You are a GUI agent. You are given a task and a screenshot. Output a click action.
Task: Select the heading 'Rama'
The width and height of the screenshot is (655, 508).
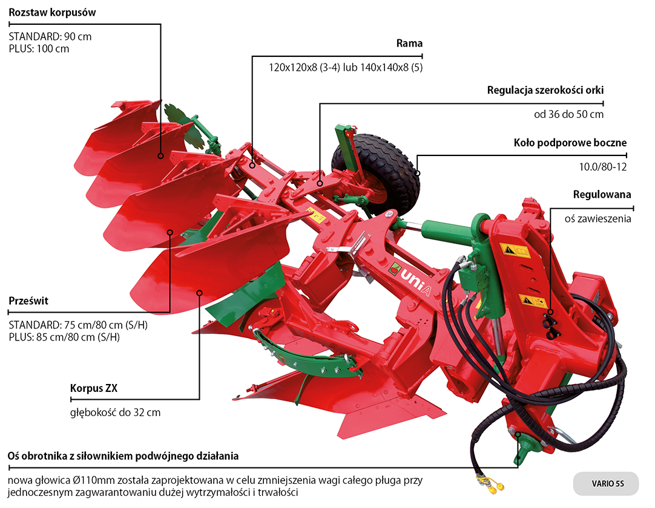[x=409, y=44]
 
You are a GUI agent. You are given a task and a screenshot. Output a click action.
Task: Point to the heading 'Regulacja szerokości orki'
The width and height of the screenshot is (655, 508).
[x=545, y=91]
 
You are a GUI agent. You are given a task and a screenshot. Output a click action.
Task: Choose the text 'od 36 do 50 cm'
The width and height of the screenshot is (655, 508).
[x=568, y=114]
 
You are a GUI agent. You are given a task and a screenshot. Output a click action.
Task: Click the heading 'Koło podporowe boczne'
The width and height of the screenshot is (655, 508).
[x=570, y=143]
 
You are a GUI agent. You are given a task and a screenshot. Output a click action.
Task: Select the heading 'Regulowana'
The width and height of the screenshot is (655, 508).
[x=602, y=195]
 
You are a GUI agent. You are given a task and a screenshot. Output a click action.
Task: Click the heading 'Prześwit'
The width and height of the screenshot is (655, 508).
[x=28, y=301]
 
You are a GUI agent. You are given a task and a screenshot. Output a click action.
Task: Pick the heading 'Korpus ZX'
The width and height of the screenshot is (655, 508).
[x=94, y=388]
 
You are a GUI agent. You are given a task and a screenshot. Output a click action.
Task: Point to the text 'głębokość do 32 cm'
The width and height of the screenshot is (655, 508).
[x=116, y=412]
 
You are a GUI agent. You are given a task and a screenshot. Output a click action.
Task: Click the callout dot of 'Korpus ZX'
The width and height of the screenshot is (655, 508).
[x=199, y=293]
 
